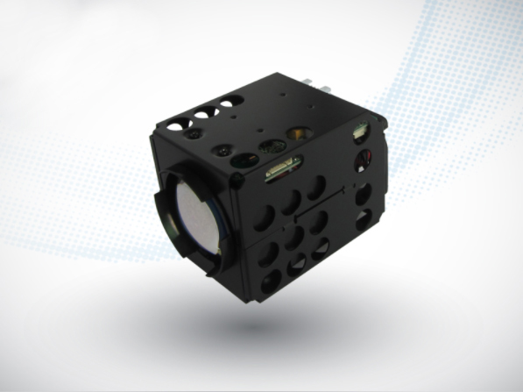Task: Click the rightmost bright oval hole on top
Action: coord(226,104)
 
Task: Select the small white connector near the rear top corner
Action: coord(359,132)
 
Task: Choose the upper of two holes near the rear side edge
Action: coord(363,196)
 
